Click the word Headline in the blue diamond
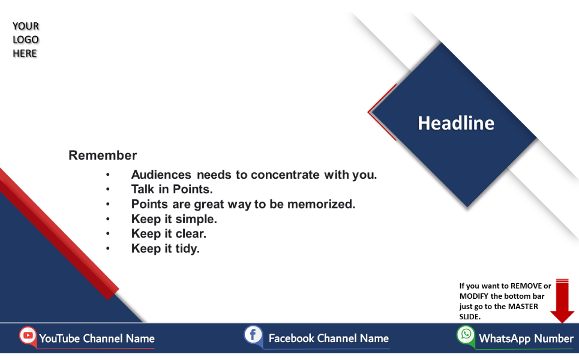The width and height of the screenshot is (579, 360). click(456, 123)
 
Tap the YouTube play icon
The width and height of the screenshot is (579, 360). click(28, 335)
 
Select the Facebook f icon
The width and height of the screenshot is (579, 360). click(253, 335)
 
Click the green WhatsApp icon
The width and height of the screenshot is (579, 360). click(466, 335)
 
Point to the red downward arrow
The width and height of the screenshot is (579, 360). click(562, 301)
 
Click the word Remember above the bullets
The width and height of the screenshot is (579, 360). click(103, 155)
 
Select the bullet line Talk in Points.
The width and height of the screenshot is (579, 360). click(172, 190)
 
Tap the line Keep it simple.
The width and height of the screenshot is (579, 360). click(174, 219)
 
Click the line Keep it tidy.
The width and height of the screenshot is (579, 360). click(166, 248)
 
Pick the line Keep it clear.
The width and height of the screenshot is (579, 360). click(169, 234)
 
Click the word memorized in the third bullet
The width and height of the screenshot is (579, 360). click(321, 204)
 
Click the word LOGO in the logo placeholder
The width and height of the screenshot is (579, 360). click(25, 40)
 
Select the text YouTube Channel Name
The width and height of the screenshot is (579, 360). click(97, 338)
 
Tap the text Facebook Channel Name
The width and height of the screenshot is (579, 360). click(329, 338)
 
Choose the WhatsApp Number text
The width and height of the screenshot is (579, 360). click(526, 338)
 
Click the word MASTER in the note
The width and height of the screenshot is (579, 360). click(523, 307)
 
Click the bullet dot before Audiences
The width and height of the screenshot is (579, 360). click(108, 175)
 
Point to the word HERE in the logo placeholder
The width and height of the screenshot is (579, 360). click(25, 53)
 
